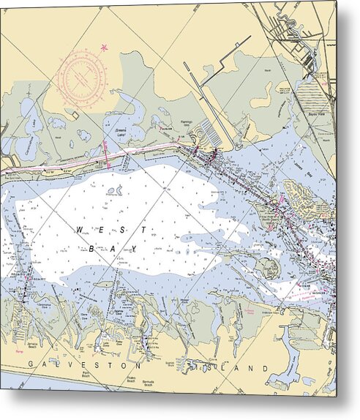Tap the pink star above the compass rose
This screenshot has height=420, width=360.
point(103,48)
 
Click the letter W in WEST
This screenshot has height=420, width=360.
point(80,230)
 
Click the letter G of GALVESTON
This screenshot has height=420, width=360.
point(31,364)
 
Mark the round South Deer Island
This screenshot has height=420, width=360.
point(267,269)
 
